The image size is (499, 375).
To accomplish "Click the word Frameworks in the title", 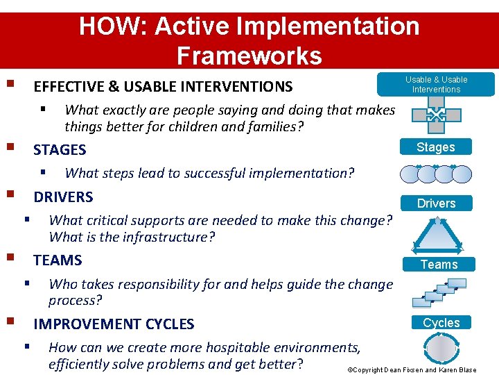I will (249, 56).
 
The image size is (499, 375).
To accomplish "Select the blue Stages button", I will (435, 147).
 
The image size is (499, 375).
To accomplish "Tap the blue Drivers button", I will (436, 203).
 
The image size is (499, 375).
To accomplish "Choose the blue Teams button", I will (439, 265).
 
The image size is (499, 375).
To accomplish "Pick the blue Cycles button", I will (441, 323).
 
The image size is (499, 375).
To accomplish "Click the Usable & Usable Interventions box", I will (436, 85).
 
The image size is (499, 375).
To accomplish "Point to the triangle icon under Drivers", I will (436, 235).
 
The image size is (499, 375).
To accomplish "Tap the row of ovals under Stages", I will (436, 174).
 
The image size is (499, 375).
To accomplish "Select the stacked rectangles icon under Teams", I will (438, 292).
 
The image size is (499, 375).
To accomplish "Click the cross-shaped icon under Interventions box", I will (436, 115).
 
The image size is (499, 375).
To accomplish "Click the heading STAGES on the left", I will (60, 150).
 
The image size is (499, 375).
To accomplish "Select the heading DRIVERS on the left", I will (63, 197).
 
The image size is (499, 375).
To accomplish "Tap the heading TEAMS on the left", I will (58, 260).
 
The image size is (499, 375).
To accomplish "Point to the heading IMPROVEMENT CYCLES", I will (114, 324).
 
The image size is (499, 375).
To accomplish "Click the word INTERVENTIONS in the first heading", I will (239, 87).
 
